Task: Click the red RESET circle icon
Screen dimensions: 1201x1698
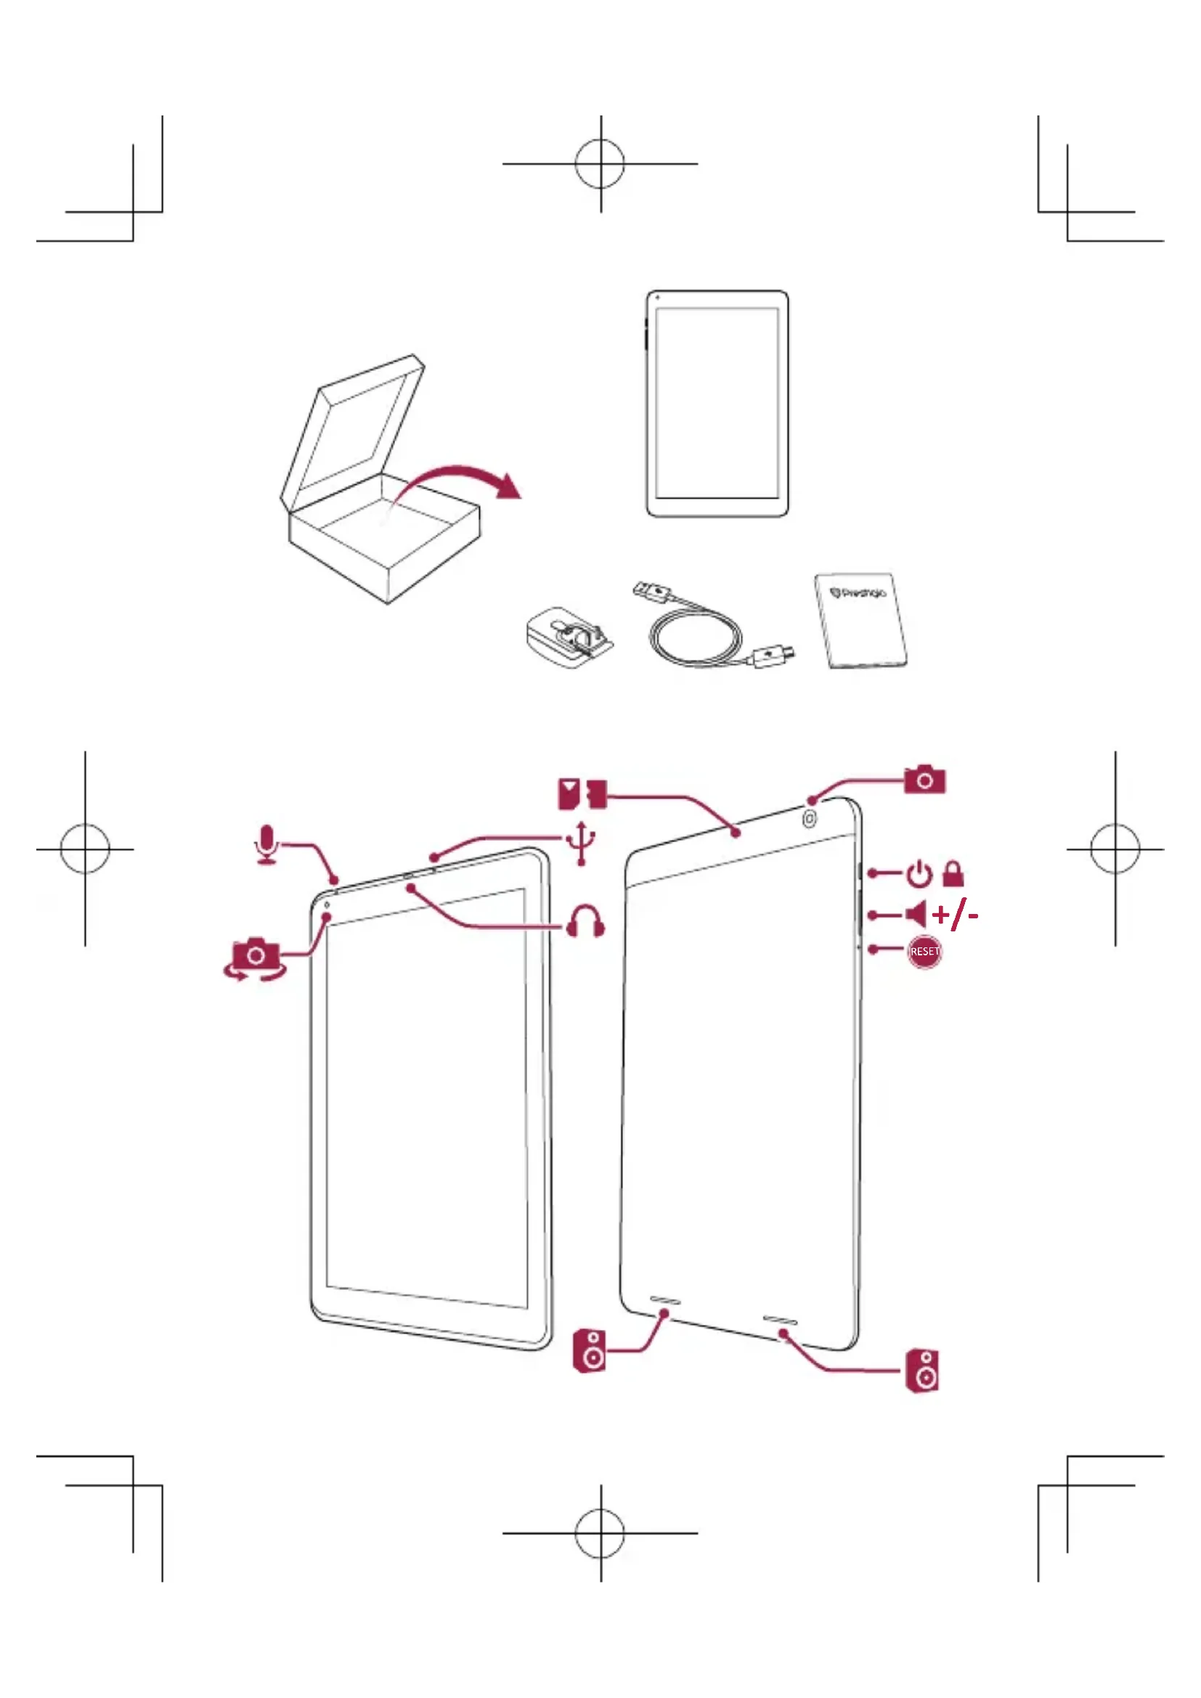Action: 924,951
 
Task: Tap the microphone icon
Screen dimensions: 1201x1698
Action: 267,844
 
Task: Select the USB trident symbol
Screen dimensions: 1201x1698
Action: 582,842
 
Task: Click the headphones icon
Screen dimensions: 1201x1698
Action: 585,921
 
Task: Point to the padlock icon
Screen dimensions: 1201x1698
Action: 953,873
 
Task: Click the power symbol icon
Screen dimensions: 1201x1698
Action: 919,874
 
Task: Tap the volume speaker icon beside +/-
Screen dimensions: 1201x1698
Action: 916,914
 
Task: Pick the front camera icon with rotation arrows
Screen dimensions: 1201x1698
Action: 255,958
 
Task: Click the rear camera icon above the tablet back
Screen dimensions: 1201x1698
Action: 924,780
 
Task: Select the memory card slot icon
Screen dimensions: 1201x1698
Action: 582,793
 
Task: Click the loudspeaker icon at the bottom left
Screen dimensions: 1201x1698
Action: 590,1351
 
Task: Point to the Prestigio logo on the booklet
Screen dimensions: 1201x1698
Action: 858,592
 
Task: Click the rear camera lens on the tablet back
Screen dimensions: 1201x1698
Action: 810,819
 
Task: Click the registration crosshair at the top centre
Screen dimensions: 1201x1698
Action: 600,163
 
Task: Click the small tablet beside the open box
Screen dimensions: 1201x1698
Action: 717,404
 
